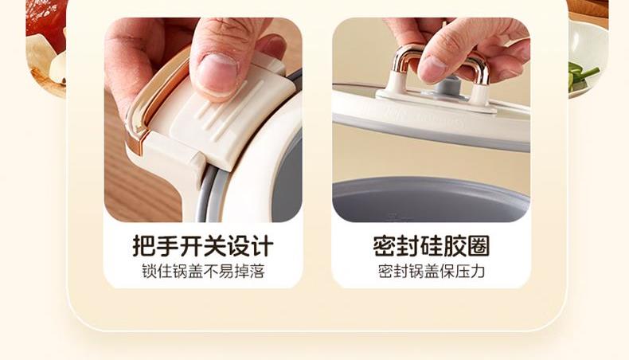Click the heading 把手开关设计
pyautogui.click(x=203, y=245)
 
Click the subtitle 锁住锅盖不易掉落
pyautogui.click(x=203, y=272)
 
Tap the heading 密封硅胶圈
pyautogui.click(x=432, y=245)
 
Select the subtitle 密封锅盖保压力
pyautogui.click(x=432, y=272)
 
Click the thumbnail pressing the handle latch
pyautogui.click(x=203, y=120)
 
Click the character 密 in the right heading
pyautogui.click(x=385, y=245)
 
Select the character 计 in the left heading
pyautogui.click(x=263, y=245)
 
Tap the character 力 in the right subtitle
pyautogui.click(x=478, y=272)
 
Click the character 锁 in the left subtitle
pyautogui.click(x=149, y=272)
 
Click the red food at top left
pyautogui.click(x=46, y=24)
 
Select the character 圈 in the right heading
pyautogui.click(x=479, y=245)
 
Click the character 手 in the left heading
pyautogui.click(x=167, y=245)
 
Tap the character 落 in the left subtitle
pyautogui.click(x=257, y=272)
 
